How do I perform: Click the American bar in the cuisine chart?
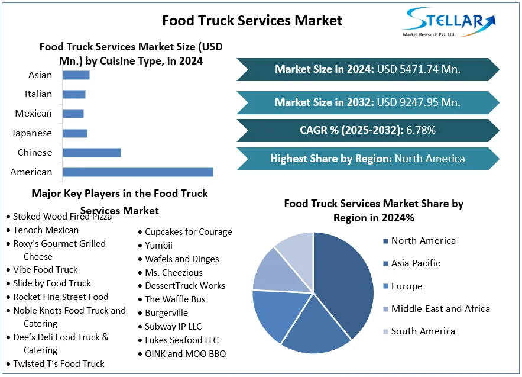(x=138, y=172)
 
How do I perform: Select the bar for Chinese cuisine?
(x=92, y=153)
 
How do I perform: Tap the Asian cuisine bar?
(x=76, y=75)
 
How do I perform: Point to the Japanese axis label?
(x=32, y=133)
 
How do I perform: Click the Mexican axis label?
(x=34, y=114)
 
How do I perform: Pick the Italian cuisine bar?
(x=74, y=94)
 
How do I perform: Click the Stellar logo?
(x=448, y=22)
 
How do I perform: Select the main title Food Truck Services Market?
(x=252, y=21)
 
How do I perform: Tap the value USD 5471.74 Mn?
(x=418, y=69)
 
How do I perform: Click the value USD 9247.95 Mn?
(x=418, y=102)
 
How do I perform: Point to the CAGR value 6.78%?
(x=421, y=130)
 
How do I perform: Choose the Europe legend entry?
(x=407, y=286)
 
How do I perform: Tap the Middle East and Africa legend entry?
(x=440, y=308)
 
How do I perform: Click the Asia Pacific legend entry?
(x=416, y=263)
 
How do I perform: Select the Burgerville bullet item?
(x=166, y=312)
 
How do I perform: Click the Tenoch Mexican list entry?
(x=46, y=230)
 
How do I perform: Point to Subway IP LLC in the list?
(x=173, y=326)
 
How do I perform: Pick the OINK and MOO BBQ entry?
(x=185, y=354)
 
